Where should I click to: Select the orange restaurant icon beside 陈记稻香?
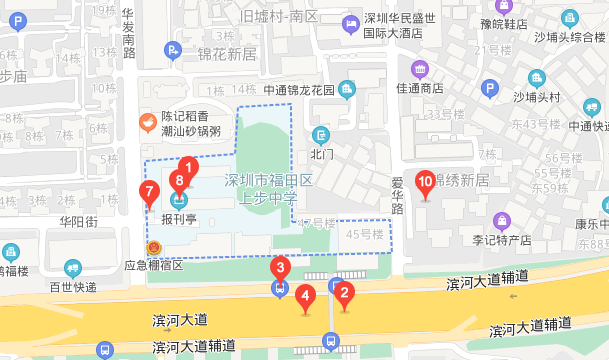pyautogui.click(x=147, y=123)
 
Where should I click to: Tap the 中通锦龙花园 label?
pyautogui.click(x=297, y=89)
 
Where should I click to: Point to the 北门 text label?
pyautogui.click(x=321, y=155)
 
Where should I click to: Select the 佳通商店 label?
pyautogui.click(x=419, y=89)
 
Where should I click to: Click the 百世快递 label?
pyautogui.click(x=74, y=287)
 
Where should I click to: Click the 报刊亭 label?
pyautogui.click(x=179, y=218)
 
